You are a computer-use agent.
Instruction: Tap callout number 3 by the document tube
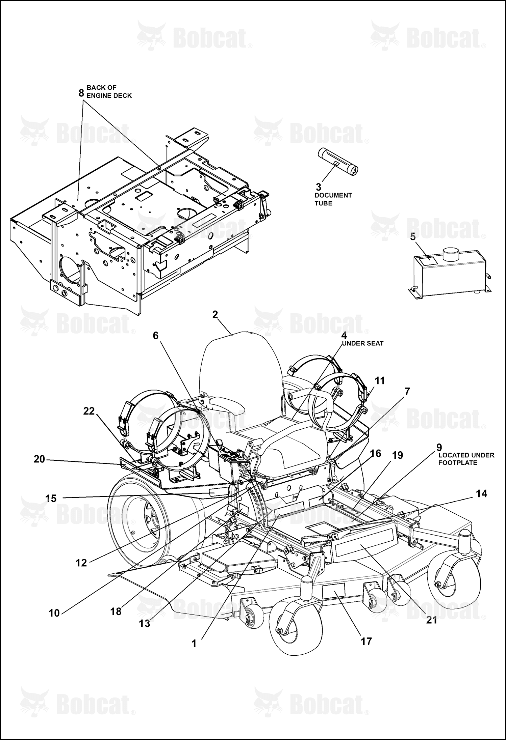[319, 187]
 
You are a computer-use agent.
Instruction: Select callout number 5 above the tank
[413, 236]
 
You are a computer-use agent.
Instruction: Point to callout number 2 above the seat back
[215, 314]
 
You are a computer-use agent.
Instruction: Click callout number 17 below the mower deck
[366, 641]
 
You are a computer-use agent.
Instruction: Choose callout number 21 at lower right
[432, 620]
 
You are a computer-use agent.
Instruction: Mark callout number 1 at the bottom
[194, 644]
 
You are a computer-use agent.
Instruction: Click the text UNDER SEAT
[363, 343]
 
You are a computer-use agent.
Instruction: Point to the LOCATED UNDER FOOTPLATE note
[466, 459]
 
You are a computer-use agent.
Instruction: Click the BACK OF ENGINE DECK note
[109, 92]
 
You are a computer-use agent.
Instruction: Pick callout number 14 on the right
[482, 493]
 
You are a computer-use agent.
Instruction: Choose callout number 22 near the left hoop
[89, 411]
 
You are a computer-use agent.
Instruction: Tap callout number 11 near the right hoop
[380, 380]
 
